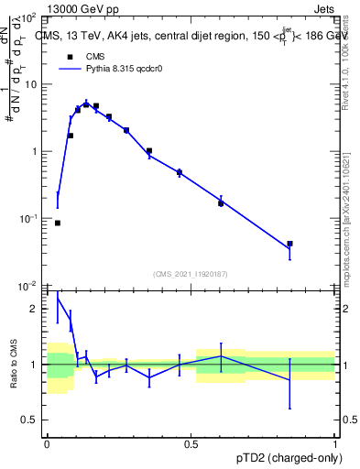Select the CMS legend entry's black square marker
[x=68, y=57]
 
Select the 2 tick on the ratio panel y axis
[x=37, y=309]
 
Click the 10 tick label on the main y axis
[x=33, y=84]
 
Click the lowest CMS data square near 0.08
[x=58, y=223]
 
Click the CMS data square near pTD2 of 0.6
[x=221, y=203]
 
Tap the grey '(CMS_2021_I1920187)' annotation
[x=191, y=273]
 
